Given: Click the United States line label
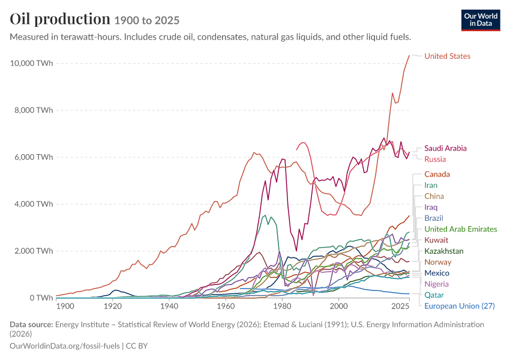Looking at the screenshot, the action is tap(447, 56).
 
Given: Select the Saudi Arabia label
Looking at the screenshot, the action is tap(445, 148).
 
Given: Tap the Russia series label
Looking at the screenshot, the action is tap(435, 160).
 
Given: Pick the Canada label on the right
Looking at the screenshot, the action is tap(437, 175).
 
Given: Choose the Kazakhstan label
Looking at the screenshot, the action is tap(443, 251).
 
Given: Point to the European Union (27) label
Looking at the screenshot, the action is tap(459, 306).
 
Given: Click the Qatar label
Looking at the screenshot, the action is tap(434, 295).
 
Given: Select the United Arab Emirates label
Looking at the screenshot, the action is tap(461, 229).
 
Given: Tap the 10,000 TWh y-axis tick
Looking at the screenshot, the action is tap(31, 63).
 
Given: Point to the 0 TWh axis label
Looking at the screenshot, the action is tap(41, 298).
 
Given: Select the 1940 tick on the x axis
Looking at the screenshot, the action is tap(169, 307).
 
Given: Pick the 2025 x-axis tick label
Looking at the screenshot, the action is tap(400, 307).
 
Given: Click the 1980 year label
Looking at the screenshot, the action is tap(282, 307).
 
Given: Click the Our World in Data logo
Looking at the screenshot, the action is tap(481, 20).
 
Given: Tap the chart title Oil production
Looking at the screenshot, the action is tap(60, 19).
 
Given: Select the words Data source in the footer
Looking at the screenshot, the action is tap(31, 325).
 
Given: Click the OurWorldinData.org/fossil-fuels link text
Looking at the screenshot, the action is tap(65, 346).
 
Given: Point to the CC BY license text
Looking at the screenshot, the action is tap(137, 346).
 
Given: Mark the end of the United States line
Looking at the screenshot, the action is tap(409, 56).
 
